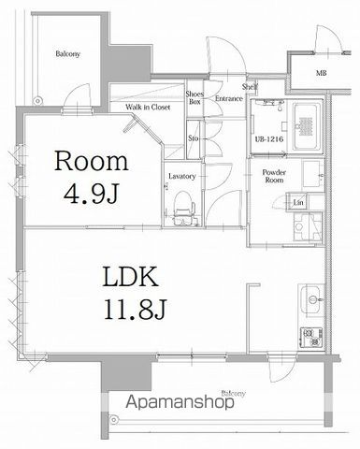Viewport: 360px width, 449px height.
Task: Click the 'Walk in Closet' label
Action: click(x=148, y=107)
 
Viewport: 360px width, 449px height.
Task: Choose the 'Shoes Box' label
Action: click(x=194, y=98)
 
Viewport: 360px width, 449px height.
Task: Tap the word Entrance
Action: click(x=228, y=98)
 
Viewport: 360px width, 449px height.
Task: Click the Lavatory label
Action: click(x=181, y=176)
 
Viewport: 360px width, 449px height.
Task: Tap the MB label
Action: click(x=321, y=73)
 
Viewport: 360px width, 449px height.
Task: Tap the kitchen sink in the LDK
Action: click(x=310, y=301)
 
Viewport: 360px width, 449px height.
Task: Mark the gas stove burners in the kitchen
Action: click(x=309, y=336)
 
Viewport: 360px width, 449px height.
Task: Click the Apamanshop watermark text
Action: click(x=180, y=405)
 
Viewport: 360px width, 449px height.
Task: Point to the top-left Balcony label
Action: click(x=65, y=53)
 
